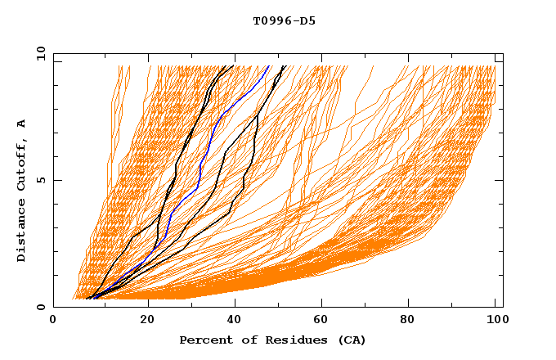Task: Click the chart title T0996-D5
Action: [x=284, y=20]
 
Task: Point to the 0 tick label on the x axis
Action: [x=53, y=322]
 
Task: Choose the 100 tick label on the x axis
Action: [x=495, y=322]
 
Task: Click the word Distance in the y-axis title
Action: [x=22, y=232]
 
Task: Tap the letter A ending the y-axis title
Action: [x=22, y=124]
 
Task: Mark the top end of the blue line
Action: [x=269, y=66]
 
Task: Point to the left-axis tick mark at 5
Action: [x=56, y=180]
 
